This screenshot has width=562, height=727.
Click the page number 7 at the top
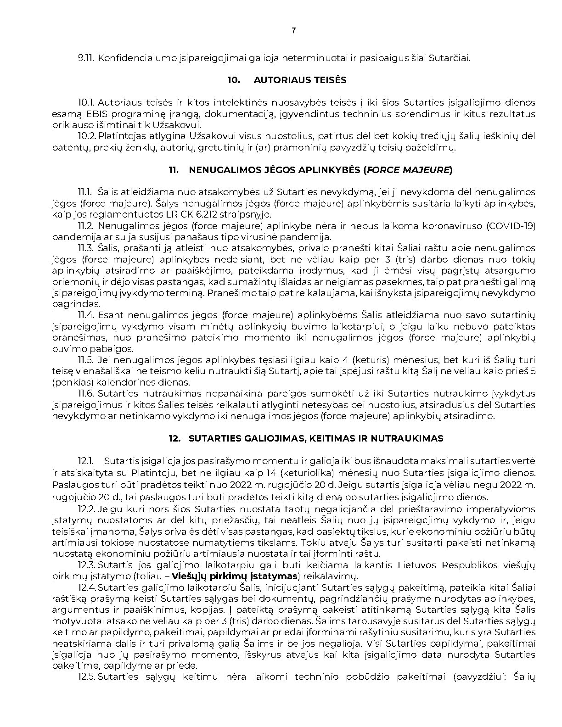[294, 31]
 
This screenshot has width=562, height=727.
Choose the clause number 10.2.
[87, 136]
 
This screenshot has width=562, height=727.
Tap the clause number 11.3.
[86, 248]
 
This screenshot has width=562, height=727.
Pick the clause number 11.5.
[86, 360]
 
